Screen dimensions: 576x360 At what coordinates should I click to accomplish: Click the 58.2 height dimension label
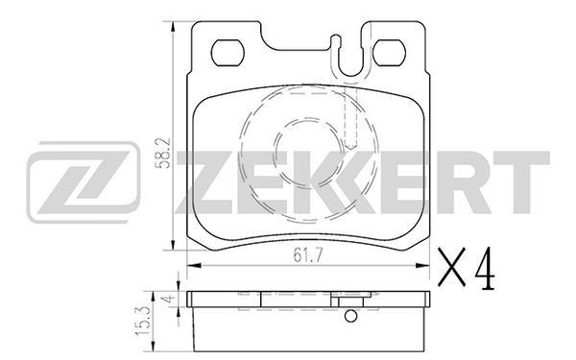[162, 154]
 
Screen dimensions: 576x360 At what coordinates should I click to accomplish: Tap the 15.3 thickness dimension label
[143, 321]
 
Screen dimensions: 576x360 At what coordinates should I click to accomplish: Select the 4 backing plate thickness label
[169, 299]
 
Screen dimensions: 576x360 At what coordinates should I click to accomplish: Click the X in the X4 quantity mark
[452, 267]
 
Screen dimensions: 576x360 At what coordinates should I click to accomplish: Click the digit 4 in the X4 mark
[485, 268]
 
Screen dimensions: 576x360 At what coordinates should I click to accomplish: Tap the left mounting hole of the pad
[228, 53]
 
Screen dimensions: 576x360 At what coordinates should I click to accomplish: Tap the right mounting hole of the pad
[389, 53]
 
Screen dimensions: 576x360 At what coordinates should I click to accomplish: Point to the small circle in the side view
[350, 316]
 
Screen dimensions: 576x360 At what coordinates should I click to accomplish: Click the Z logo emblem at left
[84, 181]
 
